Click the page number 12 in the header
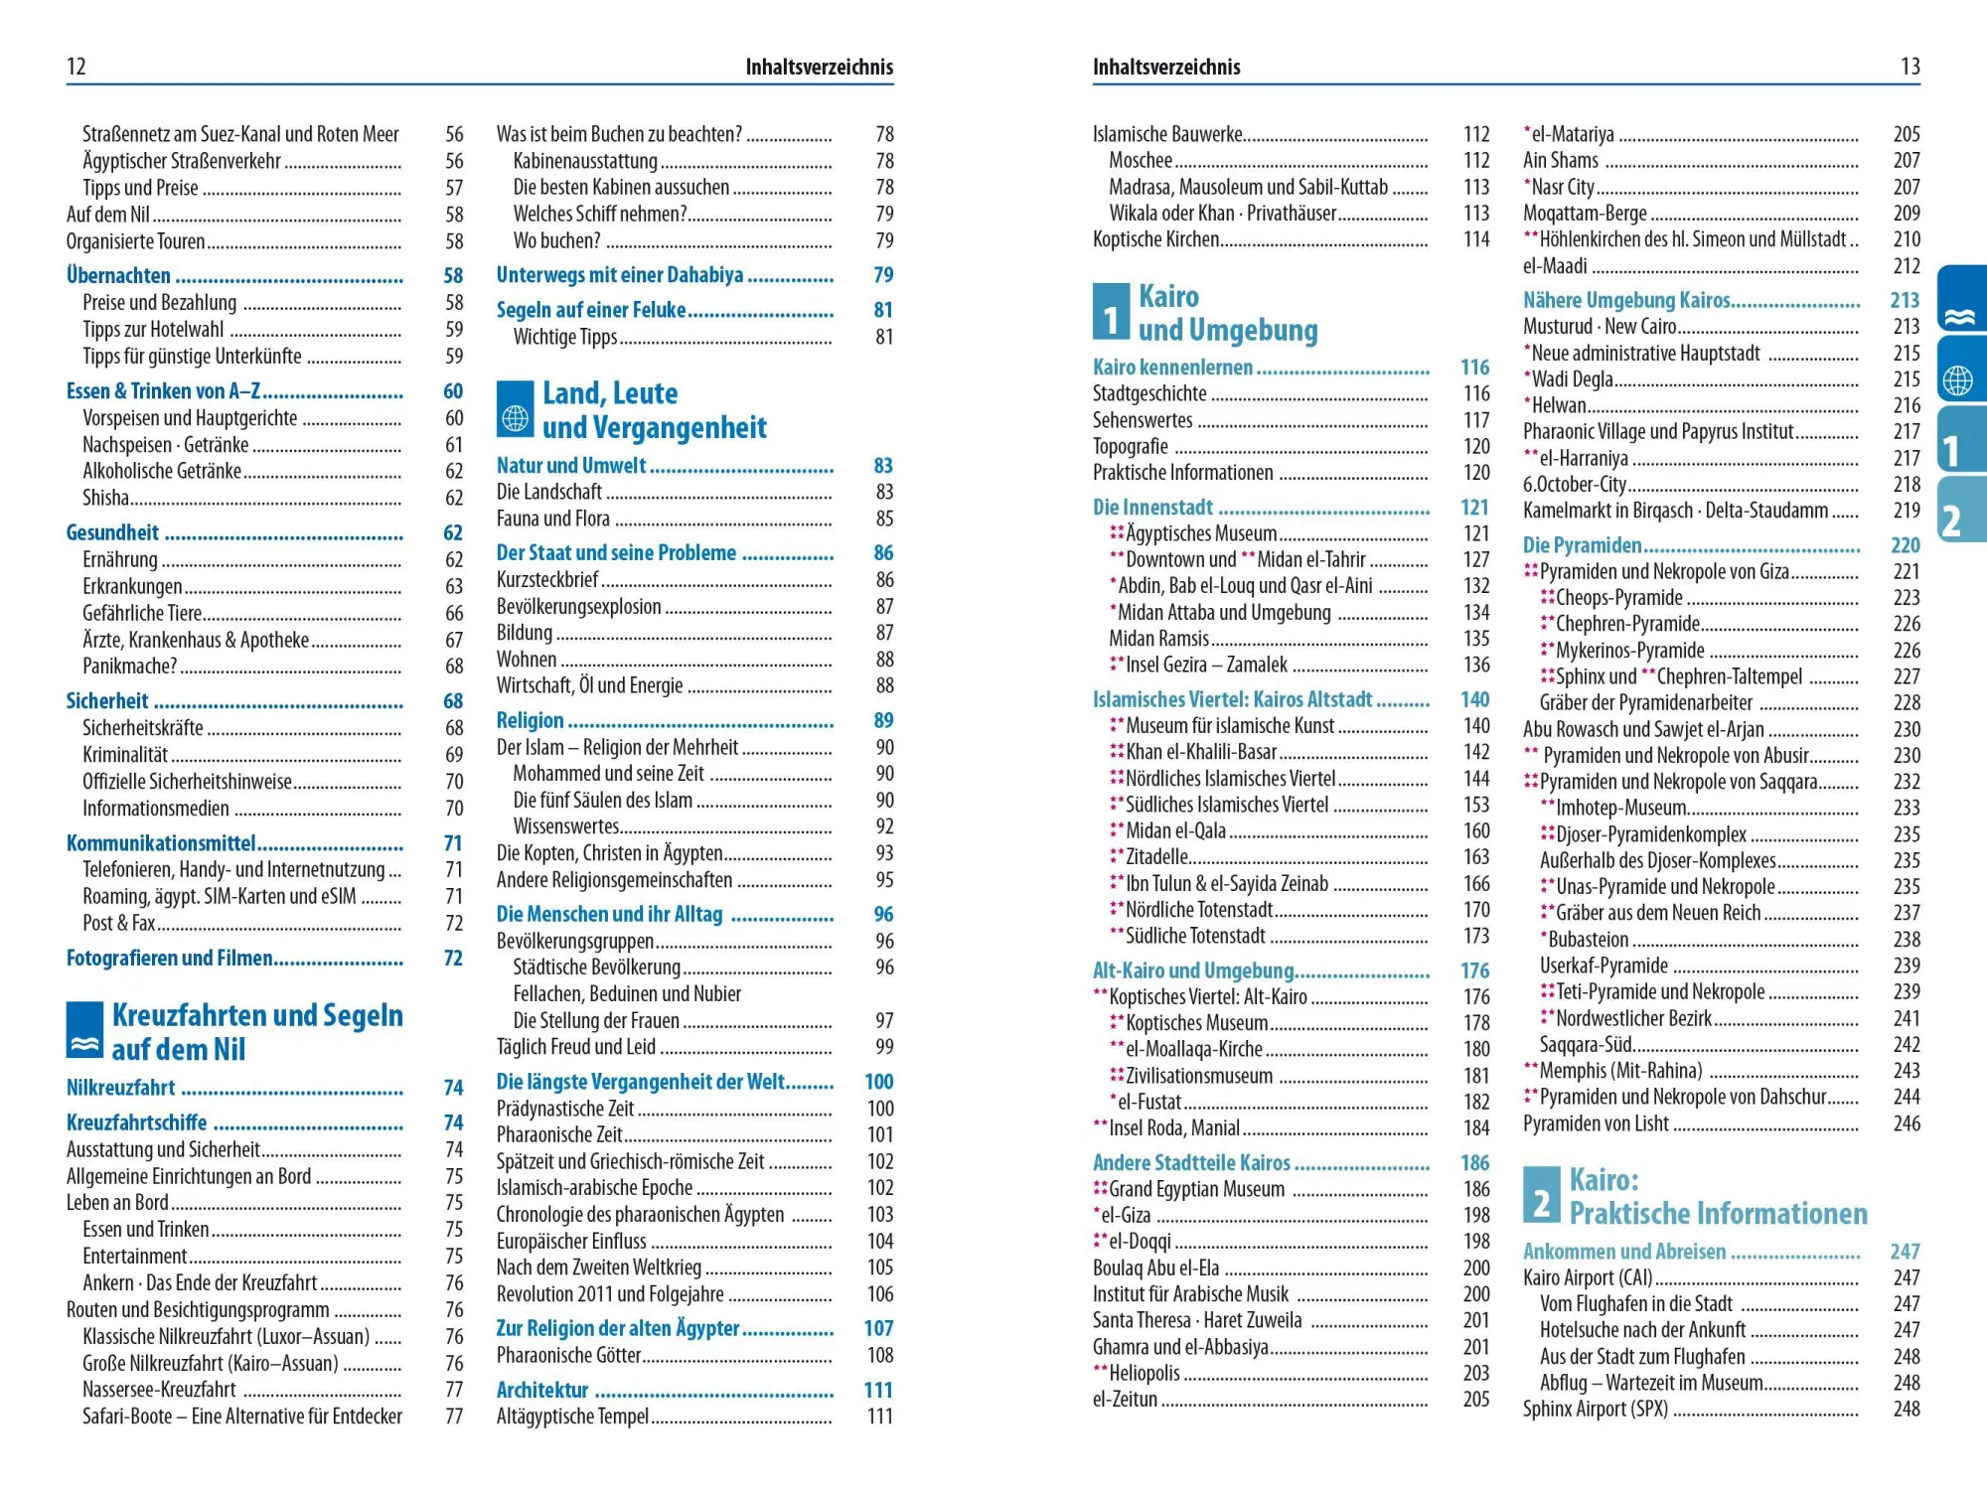(76, 67)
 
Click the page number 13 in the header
(1910, 67)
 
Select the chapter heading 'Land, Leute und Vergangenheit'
(654, 410)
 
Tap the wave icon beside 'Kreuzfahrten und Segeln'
(85, 1031)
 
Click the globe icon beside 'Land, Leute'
(516, 409)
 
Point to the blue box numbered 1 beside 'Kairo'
(1111, 312)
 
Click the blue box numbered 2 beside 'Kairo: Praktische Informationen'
(1541, 1195)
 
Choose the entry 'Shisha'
(106, 498)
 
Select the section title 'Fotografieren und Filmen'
(169, 959)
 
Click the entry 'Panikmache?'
(130, 666)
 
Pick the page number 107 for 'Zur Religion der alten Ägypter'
(878, 1329)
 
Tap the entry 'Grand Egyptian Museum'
(1196, 1189)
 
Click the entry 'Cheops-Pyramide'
(1618, 598)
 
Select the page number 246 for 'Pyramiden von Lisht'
(1906, 1123)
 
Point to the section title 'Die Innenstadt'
(1152, 508)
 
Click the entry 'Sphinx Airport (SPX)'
(1595, 1409)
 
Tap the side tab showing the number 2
(1959, 510)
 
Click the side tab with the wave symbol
(1961, 298)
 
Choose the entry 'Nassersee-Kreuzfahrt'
(159, 1390)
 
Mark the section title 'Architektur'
(542, 1391)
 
